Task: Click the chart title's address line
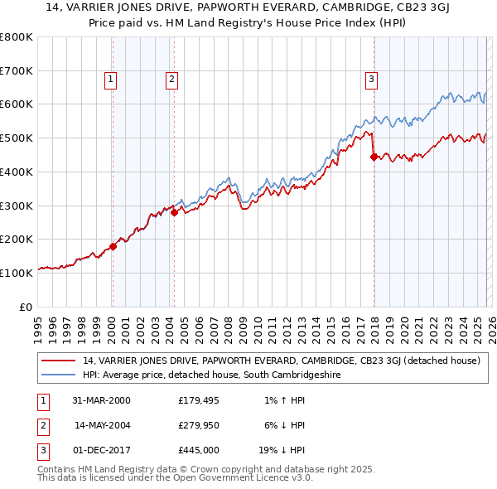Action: coord(248,9)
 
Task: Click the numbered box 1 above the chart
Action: coord(111,80)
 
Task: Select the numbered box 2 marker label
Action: coord(171,80)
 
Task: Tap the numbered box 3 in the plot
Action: coord(372,80)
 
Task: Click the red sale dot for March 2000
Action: coord(113,246)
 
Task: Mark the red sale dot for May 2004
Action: coord(174,212)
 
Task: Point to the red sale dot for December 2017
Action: coord(374,156)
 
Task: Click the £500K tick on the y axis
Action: coord(17,138)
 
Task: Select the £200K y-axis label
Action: coord(17,240)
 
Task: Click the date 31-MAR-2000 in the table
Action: coord(101,400)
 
